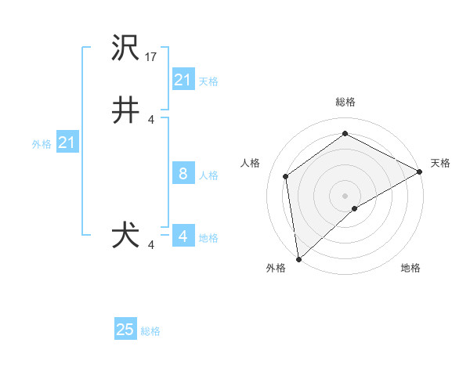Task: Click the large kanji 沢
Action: tap(126, 49)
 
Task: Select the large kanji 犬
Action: tap(126, 236)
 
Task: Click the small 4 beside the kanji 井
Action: tap(151, 120)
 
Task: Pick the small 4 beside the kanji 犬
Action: tap(151, 245)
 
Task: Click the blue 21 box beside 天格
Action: tap(183, 80)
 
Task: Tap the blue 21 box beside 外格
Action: tap(67, 143)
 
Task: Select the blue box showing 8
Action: tap(183, 174)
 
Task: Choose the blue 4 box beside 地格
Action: tap(183, 236)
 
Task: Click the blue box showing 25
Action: tap(125, 330)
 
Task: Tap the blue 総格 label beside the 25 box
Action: tap(150, 331)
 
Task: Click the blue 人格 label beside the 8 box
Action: tap(208, 175)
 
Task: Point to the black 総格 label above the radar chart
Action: tap(345, 103)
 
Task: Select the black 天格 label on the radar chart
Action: tap(440, 163)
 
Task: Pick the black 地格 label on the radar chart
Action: tap(410, 268)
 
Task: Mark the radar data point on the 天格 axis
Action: tap(420, 171)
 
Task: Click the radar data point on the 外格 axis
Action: tap(298, 259)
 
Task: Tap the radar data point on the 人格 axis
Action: tap(286, 176)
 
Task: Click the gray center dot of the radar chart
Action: tap(345, 195)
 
